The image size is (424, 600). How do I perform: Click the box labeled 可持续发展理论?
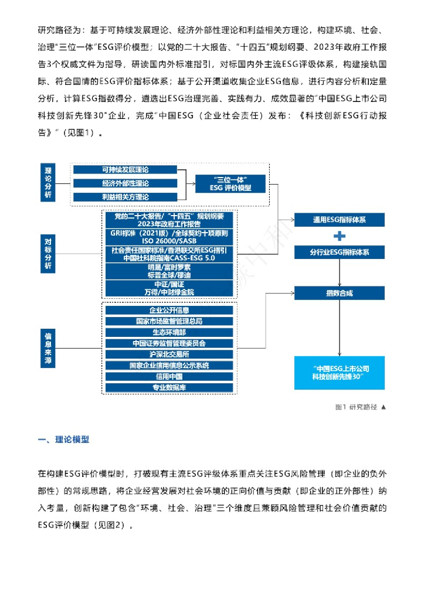coord(124,169)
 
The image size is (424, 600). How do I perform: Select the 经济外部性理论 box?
coord(124,183)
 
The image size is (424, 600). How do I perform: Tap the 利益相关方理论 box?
coord(124,196)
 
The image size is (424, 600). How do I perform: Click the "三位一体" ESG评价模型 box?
coord(230,183)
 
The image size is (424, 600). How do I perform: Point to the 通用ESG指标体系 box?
coord(340,220)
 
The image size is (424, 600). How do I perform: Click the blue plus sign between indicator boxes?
coord(339,237)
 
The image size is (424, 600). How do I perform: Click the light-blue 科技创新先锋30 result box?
coord(340,373)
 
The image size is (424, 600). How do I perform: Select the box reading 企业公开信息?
coord(169,310)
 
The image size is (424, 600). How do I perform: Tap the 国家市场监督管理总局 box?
coord(169,321)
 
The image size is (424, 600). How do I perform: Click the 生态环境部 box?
coord(169,332)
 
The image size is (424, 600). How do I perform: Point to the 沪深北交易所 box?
coord(169,354)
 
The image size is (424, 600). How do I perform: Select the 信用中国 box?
coord(169,376)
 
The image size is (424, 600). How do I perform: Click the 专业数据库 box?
coord(169,387)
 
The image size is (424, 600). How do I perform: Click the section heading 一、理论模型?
coord(63,439)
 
